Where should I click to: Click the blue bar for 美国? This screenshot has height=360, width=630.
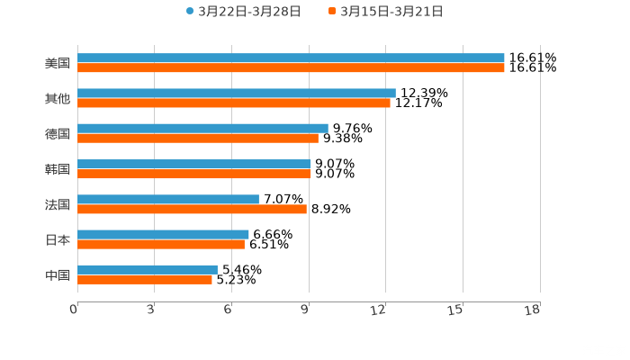click(291, 58)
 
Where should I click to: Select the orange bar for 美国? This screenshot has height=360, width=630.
click(291, 67)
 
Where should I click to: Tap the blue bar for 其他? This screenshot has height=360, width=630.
click(237, 93)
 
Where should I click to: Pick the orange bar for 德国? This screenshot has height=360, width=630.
click(198, 138)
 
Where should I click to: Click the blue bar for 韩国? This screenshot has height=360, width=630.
click(193, 164)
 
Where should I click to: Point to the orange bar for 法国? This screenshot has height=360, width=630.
click(192, 209)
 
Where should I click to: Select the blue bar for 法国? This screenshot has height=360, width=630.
click(168, 199)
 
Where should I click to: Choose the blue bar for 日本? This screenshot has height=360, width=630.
click(163, 234)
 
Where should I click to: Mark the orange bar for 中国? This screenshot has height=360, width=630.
click(145, 279)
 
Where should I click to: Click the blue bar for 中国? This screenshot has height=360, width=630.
click(148, 269)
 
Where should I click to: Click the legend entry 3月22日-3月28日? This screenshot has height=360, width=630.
click(243, 12)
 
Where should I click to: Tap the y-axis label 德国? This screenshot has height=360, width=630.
click(58, 133)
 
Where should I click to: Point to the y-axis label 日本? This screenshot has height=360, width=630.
click(58, 239)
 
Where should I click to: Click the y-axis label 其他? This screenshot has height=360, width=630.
click(58, 98)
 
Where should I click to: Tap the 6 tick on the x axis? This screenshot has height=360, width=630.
click(228, 310)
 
